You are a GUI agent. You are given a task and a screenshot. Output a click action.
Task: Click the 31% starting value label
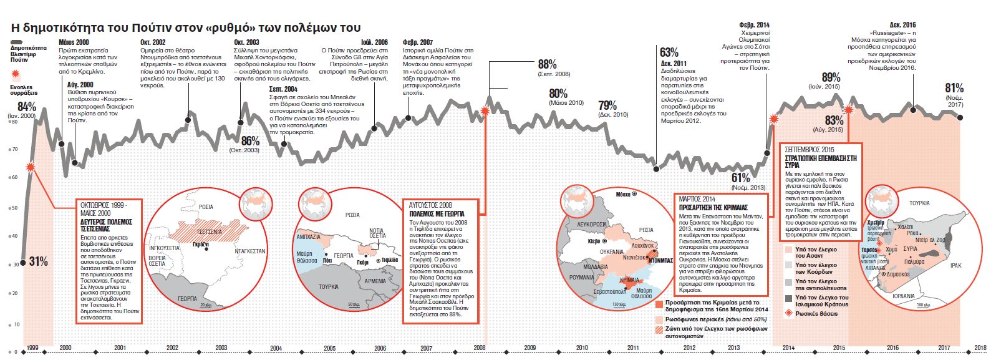(x=39, y=261)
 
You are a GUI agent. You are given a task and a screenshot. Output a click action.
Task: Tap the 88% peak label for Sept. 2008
(x=547, y=64)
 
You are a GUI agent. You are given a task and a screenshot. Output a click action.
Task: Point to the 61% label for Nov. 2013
(x=741, y=178)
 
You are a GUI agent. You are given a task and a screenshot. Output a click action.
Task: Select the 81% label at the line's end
(x=954, y=89)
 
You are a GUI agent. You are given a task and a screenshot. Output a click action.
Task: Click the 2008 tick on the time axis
(x=480, y=348)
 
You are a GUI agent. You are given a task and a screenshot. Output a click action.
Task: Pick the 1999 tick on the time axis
(x=32, y=348)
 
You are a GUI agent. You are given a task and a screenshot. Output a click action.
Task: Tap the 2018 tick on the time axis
(x=980, y=348)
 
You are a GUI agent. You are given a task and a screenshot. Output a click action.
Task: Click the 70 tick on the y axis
(x=15, y=149)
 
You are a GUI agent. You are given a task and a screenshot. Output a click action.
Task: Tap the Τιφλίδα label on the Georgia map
(x=390, y=260)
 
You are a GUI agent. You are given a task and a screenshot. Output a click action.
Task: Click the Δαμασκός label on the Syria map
(x=898, y=275)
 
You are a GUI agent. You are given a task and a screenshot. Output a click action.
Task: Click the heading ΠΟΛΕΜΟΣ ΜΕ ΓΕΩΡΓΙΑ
(x=437, y=213)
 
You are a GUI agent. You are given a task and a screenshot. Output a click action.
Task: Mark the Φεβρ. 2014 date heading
(x=754, y=25)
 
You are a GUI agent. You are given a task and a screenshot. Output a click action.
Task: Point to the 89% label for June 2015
(x=831, y=77)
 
